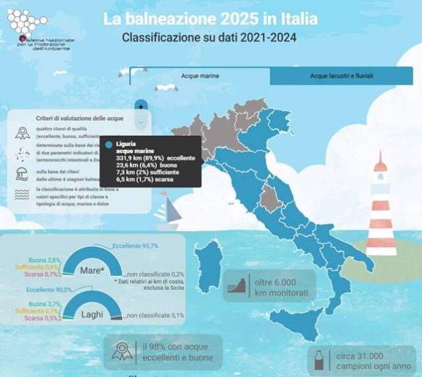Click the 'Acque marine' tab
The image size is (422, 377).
coord(200,76)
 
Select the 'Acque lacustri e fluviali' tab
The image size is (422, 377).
coord(343,76)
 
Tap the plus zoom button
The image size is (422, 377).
coord(140,106)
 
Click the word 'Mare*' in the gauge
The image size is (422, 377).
coord(91,270)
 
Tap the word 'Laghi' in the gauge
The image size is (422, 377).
coord(92,314)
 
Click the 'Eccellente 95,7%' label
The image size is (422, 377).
coord(135,245)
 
